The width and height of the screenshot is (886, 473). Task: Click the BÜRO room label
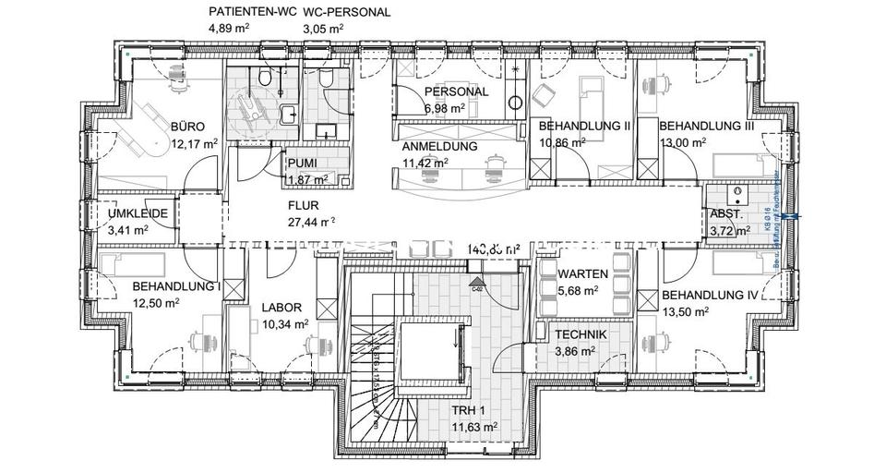pyautogui.click(x=187, y=127)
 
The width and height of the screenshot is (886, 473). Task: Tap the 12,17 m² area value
pyautogui.click(x=194, y=143)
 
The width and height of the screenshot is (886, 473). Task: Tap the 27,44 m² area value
pyautogui.click(x=312, y=222)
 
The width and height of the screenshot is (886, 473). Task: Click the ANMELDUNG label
pyautogui.click(x=439, y=146)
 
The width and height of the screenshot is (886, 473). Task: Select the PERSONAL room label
pyautogui.click(x=456, y=93)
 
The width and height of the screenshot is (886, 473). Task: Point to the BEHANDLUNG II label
pyautogui.click(x=583, y=125)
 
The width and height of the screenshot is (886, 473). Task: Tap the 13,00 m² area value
pyautogui.click(x=684, y=142)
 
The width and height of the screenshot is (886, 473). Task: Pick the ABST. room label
pyautogui.click(x=723, y=212)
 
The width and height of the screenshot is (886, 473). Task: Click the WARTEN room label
pyautogui.click(x=582, y=273)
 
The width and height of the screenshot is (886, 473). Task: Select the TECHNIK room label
pyautogui.click(x=581, y=334)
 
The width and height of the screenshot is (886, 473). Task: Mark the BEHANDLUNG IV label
pyautogui.click(x=710, y=296)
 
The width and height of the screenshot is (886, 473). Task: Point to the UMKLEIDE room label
pyautogui.click(x=138, y=212)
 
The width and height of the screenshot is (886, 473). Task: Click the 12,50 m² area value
pyautogui.click(x=155, y=302)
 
